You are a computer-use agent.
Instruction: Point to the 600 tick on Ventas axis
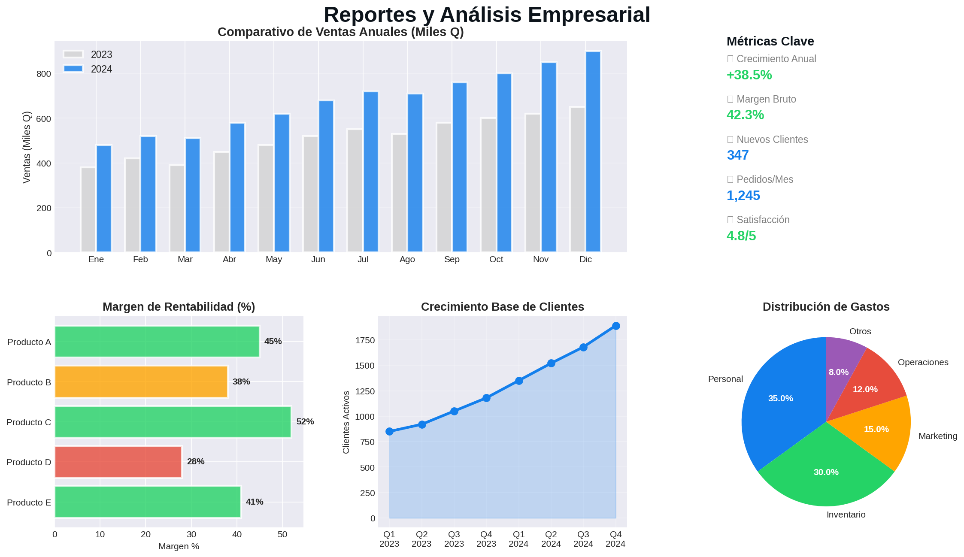click(43, 119)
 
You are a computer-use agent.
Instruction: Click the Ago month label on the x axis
click(407, 260)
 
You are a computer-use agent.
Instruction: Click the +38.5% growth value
click(749, 75)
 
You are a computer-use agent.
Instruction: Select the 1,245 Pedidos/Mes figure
click(743, 196)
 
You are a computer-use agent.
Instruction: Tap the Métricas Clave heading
click(770, 42)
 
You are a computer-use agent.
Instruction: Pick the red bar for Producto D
click(118, 462)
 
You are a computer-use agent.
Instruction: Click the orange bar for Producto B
click(141, 381)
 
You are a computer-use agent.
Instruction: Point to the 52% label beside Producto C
click(305, 422)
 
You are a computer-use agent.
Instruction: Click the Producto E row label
click(29, 503)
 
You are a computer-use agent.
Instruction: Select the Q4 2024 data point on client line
click(615, 326)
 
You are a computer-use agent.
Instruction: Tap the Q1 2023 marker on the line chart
click(389, 431)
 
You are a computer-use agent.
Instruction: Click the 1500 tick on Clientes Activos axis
click(365, 366)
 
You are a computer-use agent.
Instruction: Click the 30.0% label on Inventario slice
click(826, 472)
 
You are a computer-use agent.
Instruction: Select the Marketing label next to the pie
click(937, 436)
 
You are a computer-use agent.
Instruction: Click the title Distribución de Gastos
click(826, 307)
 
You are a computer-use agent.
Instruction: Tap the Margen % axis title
click(179, 547)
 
